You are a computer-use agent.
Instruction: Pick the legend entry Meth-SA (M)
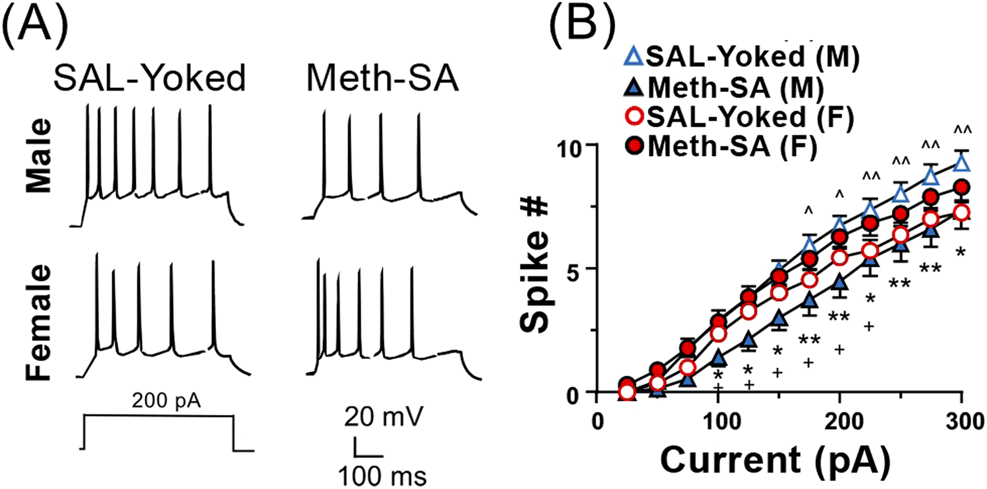(733, 88)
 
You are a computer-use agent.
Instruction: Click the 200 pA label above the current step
(157, 400)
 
